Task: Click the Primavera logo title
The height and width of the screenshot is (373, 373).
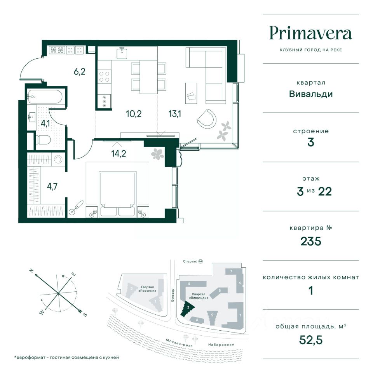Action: [x=311, y=34]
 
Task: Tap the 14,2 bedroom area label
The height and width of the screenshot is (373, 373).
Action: [x=119, y=154]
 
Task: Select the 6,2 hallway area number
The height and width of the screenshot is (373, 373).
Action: [x=79, y=71]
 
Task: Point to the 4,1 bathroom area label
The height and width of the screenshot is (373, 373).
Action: [x=45, y=124]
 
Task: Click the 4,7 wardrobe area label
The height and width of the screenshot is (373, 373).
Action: [x=52, y=186]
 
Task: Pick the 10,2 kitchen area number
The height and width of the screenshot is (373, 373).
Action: [x=134, y=114]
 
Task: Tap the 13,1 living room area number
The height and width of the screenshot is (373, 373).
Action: [x=175, y=114]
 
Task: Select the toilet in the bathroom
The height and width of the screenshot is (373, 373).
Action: [x=43, y=140]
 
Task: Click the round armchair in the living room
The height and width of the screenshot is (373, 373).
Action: [x=207, y=118]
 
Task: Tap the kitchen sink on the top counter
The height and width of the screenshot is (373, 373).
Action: [x=122, y=52]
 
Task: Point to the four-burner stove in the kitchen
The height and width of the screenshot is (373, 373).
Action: [x=105, y=77]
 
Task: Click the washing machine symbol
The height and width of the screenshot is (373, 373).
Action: [x=58, y=159]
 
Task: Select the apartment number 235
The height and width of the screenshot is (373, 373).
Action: [x=311, y=241]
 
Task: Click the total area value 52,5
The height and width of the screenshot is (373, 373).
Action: [x=311, y=340]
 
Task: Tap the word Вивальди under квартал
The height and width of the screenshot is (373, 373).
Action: [x=311, y=94]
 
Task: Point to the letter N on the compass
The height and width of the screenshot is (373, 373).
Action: [x=31, y=271]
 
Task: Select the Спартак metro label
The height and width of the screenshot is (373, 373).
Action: [x=190, y=261]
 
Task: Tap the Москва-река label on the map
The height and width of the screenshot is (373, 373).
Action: [x=180, y=343]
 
